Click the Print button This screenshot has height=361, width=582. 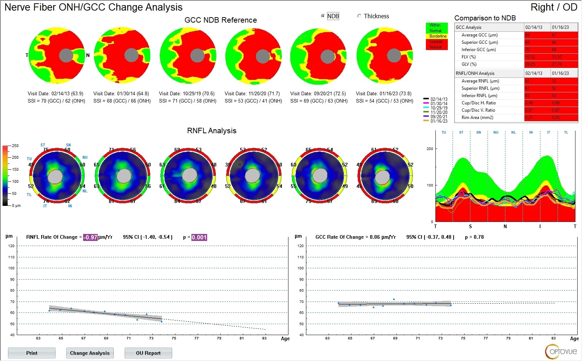[x=32, y=353]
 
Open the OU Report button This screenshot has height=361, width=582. [x=148, y=353]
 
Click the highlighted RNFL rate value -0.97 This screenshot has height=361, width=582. [x=90, y=237]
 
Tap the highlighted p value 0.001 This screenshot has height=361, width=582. [x=199, y=237]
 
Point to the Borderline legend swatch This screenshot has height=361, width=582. [x=437, y=36]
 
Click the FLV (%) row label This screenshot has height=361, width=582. [x=469, y=57]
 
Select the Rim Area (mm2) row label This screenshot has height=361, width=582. [x=477, y=118]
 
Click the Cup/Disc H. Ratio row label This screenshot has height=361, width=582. [x=478, y=103]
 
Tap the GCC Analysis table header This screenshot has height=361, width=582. [x=469, y=27]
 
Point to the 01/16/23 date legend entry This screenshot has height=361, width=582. [x=439, y=121]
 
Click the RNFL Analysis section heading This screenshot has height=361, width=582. [x=212, y=131]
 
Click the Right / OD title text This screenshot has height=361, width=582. [x=554, y=7]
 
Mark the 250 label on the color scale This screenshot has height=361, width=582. [x=15, y=146]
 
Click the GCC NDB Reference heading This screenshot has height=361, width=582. [x=221, y=20]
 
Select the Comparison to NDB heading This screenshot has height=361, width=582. [x=485, y=18]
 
